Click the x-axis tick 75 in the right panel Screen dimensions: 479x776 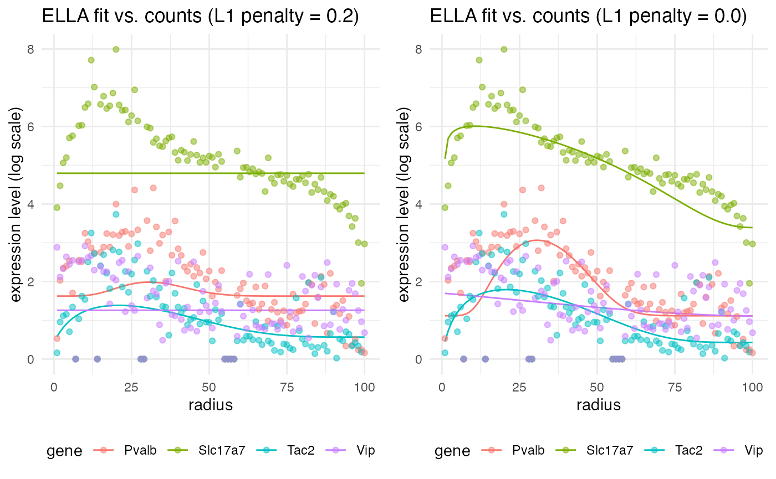pos(675,384)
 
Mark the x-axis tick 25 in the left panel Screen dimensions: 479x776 pos(131,384)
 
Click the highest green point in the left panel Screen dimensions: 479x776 pos(116,49)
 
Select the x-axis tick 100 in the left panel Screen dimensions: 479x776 pos(364,384)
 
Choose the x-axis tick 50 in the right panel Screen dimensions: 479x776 pos(597,384)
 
